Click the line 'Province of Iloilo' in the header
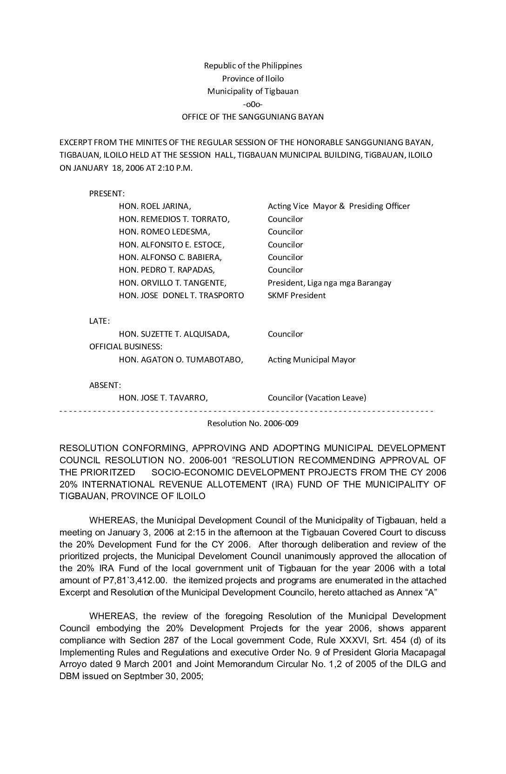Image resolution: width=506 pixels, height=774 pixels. pyautogui.click(x=253, y=79)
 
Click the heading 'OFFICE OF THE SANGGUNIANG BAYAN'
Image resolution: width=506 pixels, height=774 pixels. pyautogui.click(x=253, y=117)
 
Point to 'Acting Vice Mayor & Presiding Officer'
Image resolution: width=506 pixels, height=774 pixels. pyautogui.click(x=339, y=206)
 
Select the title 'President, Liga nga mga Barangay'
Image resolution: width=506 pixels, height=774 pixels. pyautogui.click(x=329, y=283)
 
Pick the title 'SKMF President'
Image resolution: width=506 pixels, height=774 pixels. pyautogui.click(x=297, y=295)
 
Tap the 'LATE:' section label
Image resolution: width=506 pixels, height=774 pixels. pyautogui.click(x=100, y=321)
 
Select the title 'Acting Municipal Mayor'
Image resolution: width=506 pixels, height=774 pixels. pyautogui.click(x=312, y=360)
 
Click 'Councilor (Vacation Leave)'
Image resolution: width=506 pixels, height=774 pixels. pyautogui.click(x=317, y=398)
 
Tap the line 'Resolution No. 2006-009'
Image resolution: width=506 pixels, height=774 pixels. pyautogui.click(x=253, y=423)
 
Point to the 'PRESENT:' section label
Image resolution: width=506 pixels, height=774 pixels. pyautogui.click(x=107, y=193)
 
